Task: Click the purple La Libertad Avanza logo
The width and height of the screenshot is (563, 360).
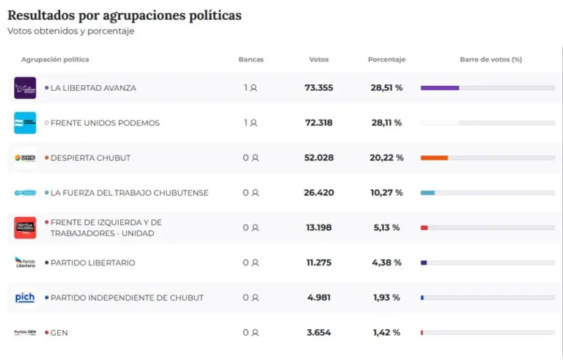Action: (x=25, y=88)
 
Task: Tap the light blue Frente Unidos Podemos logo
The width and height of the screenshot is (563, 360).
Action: (x=25, y=122)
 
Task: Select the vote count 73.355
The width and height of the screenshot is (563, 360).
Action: (x=319, y=88)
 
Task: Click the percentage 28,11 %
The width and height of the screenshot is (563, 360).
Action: (x=386, y=122)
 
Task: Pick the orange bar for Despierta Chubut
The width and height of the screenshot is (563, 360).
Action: (x=434, y=158)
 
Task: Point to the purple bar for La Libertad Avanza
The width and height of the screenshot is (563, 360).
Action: (x=440, y=88)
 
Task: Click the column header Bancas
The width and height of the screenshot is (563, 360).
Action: (x=251, y=59)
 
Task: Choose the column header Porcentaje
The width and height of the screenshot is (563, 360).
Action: (x=386, y=59)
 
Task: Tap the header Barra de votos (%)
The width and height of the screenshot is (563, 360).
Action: (x=490, y=59)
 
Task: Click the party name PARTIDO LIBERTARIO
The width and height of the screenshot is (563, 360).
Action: (x=92, y=262)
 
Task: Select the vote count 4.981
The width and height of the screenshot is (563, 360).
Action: (x=319, y=298)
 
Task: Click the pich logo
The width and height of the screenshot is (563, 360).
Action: (x=25, y=298)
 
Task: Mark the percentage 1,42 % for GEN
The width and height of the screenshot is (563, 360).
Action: (x=386, y=333)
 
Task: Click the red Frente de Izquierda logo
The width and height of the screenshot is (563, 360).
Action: (x=25, y=227)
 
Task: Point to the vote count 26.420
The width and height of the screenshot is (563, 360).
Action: (x=319, y=193)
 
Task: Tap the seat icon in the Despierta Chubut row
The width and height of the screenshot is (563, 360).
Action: (x=254, y=158)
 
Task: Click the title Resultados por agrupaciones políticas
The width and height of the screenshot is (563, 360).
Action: (x=124, y=15)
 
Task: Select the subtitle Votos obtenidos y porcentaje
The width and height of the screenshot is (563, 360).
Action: (x=71, y=32)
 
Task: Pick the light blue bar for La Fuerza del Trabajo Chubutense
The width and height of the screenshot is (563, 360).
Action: (x=427, y=193)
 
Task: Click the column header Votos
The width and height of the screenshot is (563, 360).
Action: (x=319, y=59)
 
